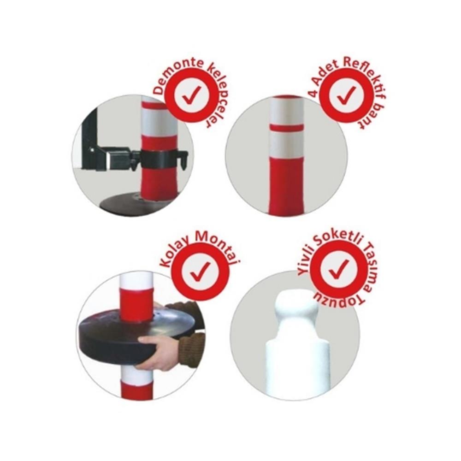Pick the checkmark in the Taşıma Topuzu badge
[338, 269]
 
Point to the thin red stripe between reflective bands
[287, 128]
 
